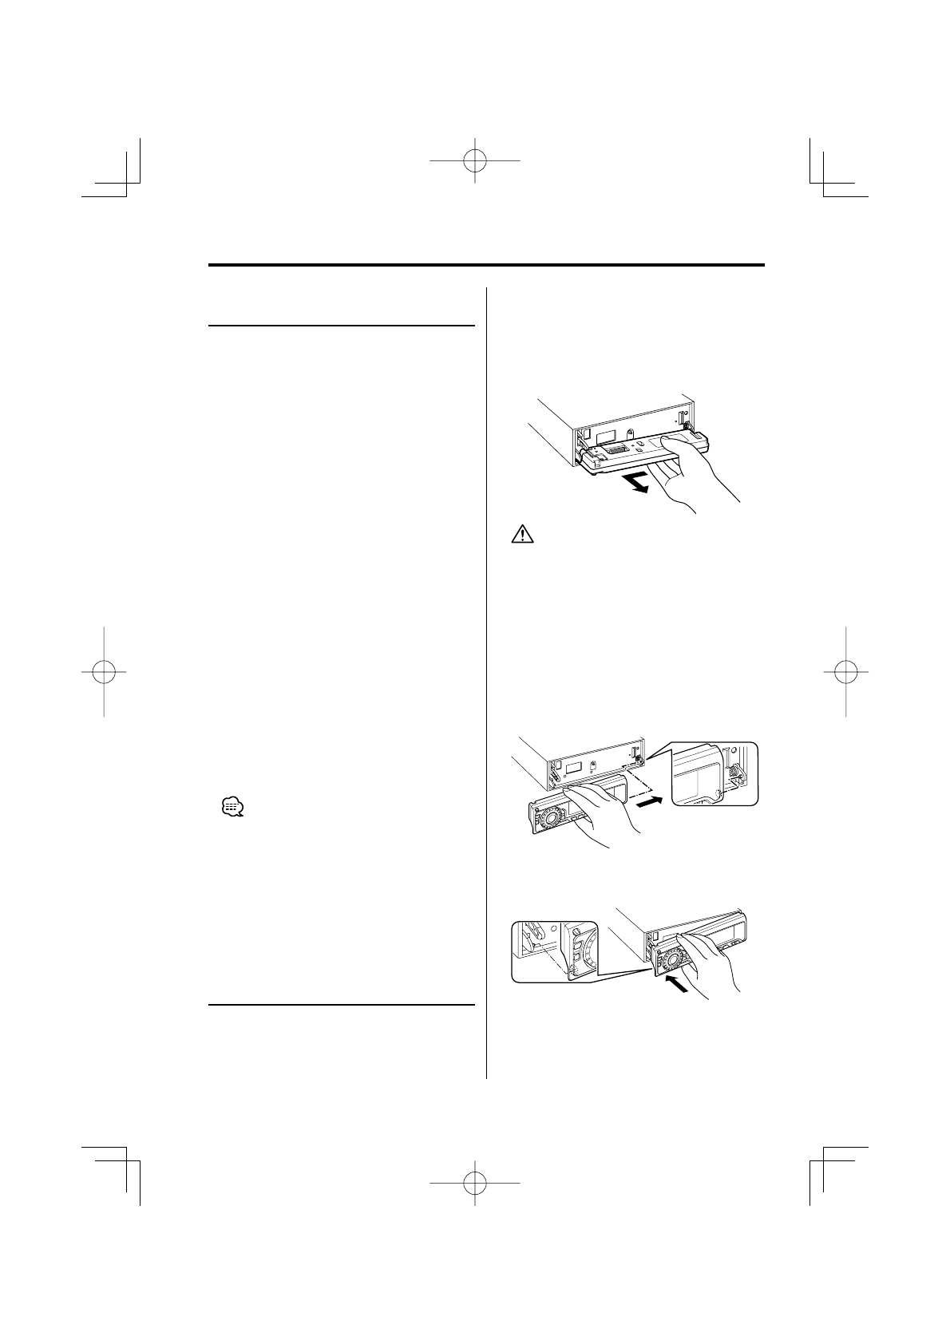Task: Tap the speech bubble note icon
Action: click(x=232, y=808)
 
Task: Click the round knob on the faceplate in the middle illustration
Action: click(x=550, y=820)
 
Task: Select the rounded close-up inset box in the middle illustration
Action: click(x=714, y=773)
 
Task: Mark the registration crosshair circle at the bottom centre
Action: click(x=475, y=1182)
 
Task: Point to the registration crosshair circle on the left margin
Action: click(x=105, y=671)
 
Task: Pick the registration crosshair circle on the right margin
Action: click(x=845, y=671)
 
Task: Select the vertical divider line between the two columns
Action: click(x=486, y=678)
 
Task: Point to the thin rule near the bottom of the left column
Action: click(x=341, y=1004)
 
